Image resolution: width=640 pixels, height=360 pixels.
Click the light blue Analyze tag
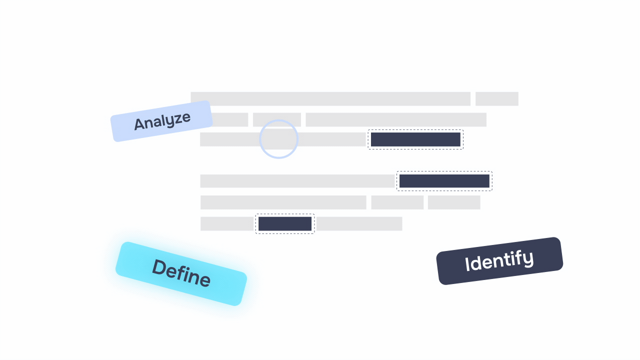(162, 121)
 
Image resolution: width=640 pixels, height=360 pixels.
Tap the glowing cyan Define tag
(181, 273)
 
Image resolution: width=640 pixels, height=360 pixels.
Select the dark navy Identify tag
(499, 260)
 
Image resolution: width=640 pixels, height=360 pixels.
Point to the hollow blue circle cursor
(279, 139)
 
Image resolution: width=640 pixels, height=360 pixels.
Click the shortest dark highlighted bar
(285, 224)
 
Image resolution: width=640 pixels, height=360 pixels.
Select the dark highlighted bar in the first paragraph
(415, 139)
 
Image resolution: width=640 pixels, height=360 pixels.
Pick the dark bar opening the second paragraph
(444, 181)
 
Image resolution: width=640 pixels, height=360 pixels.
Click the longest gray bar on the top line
(330, 99)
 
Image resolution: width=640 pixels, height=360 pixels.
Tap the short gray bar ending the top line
(496, 99)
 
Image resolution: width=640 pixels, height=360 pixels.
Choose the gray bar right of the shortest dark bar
(359, 224)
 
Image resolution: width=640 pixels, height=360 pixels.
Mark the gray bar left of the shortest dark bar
(227, 224)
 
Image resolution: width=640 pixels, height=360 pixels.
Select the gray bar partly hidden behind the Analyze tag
(230, 120)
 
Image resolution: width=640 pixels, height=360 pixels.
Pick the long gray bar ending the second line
(396, 120)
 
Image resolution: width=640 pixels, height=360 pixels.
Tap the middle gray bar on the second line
(277, 120)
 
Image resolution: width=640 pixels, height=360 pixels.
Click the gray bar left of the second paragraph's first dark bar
(298, 181)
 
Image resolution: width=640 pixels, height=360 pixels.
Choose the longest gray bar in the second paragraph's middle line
(283, 202)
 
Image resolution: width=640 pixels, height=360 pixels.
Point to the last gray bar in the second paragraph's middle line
(454, 202)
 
